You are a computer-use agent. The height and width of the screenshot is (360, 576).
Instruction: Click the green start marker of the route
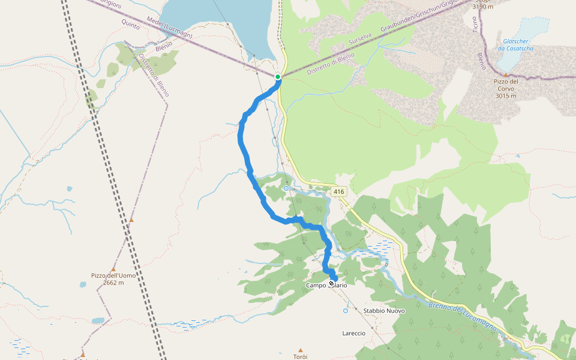point(278,77)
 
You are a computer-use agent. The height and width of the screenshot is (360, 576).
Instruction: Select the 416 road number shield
point(339,191)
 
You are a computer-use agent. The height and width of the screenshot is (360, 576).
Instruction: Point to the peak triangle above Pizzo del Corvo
point(505,74)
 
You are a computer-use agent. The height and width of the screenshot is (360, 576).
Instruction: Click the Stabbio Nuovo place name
point(384,311)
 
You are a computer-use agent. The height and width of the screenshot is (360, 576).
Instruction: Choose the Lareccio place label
point(353,333)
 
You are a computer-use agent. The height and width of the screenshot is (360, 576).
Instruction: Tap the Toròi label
point(300,356)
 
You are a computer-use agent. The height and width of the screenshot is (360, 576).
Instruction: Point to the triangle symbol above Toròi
point(300,349)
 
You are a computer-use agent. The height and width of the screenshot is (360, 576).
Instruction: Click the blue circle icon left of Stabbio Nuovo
point(346,311)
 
